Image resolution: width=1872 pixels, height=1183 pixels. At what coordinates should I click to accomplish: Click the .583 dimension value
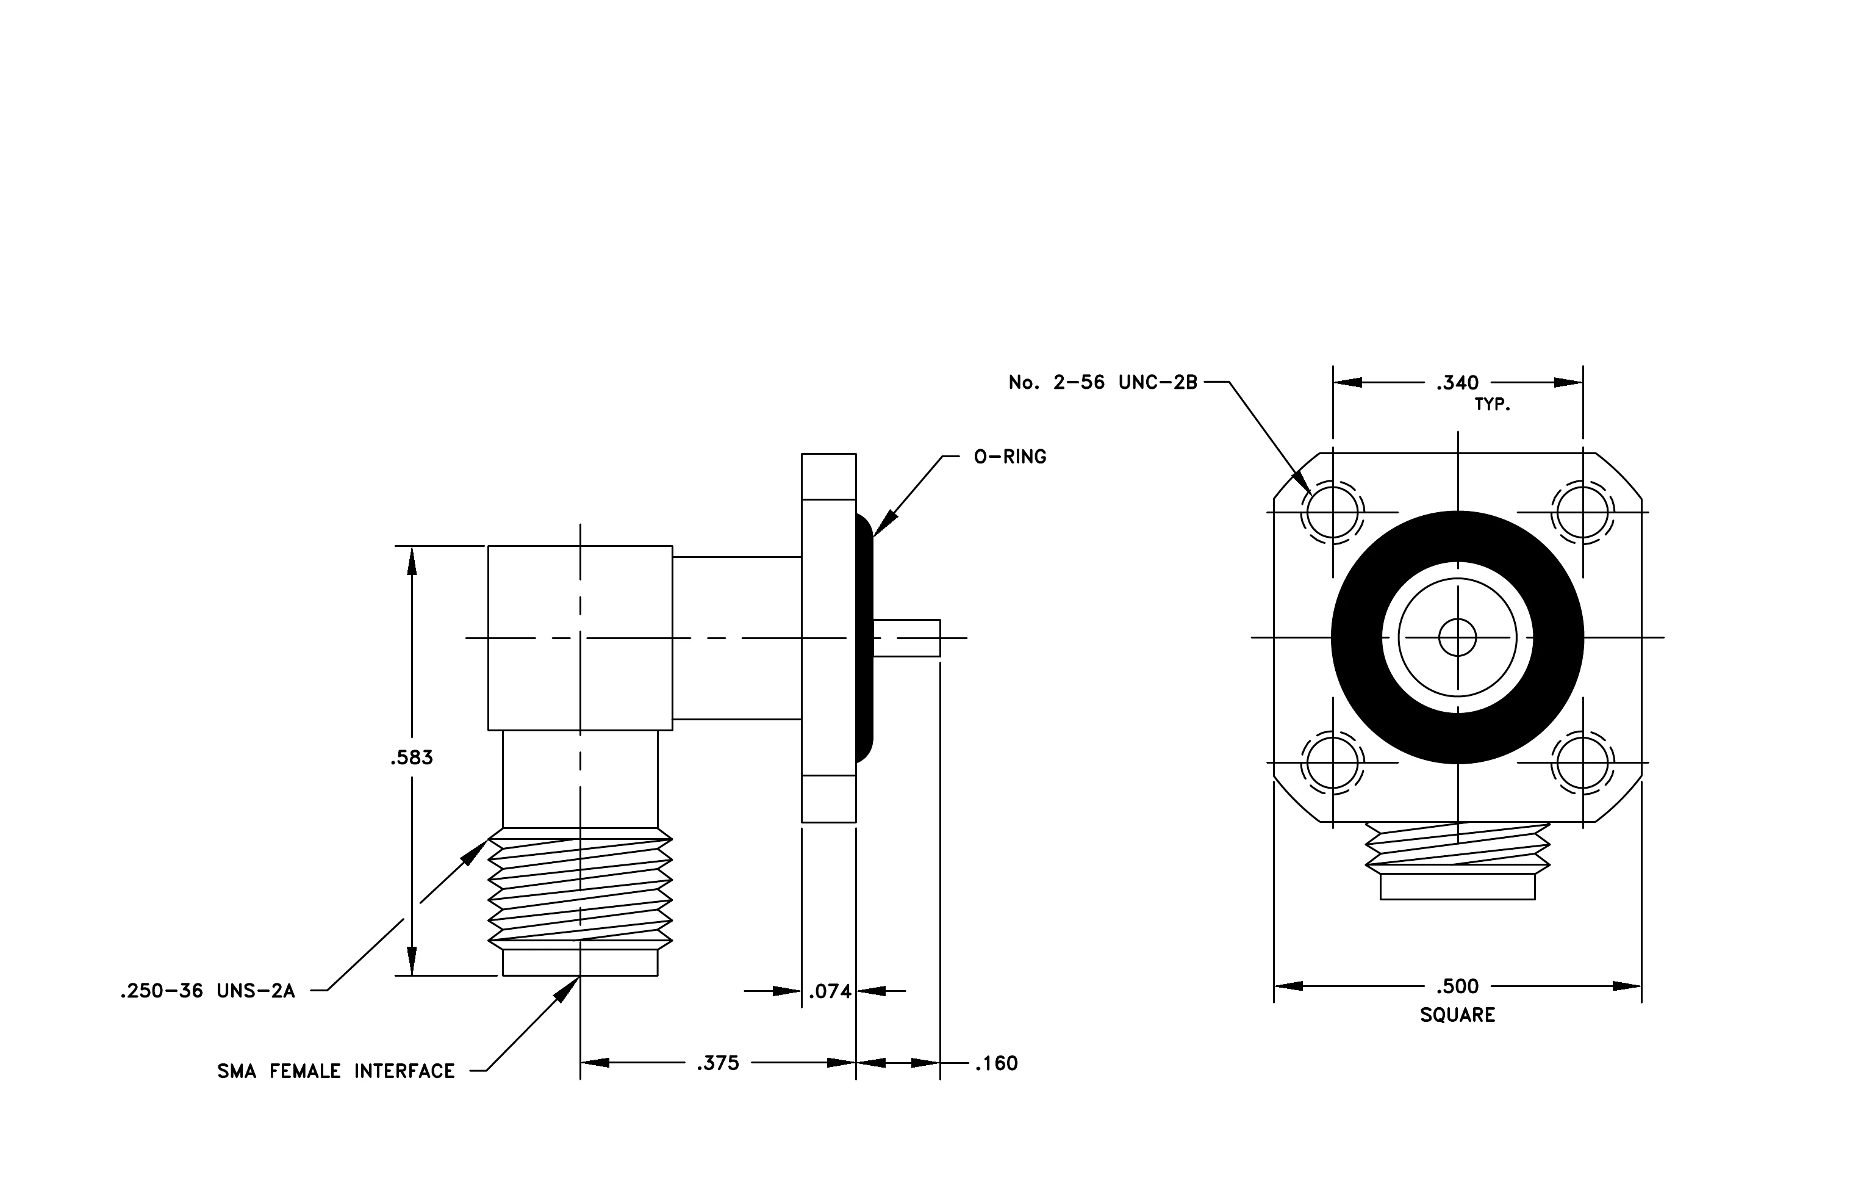411,758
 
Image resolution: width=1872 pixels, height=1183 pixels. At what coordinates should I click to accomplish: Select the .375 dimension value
717,1063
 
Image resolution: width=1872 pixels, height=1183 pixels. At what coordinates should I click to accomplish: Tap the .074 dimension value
830,992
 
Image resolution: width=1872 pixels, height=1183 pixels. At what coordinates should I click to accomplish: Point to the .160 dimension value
996,1063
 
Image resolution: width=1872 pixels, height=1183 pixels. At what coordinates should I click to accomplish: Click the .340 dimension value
1458,383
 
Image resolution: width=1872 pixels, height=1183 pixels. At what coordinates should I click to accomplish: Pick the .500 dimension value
1458,986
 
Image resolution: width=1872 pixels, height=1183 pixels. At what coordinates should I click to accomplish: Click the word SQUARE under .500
1458,1015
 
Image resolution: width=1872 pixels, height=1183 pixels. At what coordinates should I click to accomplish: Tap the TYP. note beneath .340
1493,405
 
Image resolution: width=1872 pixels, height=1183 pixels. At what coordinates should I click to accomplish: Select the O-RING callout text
1010,457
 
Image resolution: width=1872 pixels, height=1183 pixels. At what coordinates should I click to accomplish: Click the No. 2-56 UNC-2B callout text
1103,383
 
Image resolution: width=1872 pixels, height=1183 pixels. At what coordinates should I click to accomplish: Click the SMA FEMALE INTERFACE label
336,1072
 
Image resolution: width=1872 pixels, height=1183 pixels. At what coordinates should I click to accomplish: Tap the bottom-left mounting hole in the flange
1332,763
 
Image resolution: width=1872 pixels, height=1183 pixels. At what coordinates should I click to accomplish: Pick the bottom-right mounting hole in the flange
1583,763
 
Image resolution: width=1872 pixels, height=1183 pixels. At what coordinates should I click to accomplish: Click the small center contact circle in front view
1458,638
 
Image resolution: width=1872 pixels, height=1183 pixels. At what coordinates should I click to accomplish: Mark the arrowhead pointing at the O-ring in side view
883,525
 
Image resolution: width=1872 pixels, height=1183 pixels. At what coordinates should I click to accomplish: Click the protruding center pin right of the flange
906,638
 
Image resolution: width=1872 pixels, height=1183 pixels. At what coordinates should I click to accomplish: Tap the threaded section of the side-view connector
580,889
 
